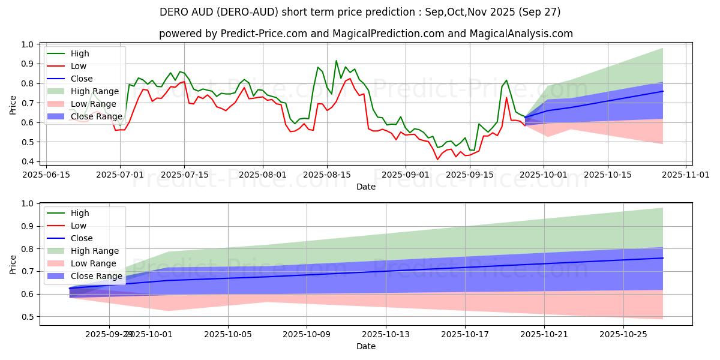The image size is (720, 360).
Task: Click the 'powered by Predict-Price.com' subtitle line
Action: point(365,34)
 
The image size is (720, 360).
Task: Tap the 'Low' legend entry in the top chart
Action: point(79,66)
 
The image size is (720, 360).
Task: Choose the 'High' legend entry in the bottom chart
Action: point(80,213)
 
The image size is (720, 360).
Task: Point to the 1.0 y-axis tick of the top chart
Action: point(28,44)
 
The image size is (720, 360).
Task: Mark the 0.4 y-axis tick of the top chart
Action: point(28,162)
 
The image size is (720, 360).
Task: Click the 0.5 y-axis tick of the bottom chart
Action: point(28,317)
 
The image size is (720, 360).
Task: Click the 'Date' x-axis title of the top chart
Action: point(365,187)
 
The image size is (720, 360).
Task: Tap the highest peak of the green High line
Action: point(336,61)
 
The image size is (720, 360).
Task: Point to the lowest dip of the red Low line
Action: point(437,159)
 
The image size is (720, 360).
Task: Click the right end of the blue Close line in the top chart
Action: point(663,91)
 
